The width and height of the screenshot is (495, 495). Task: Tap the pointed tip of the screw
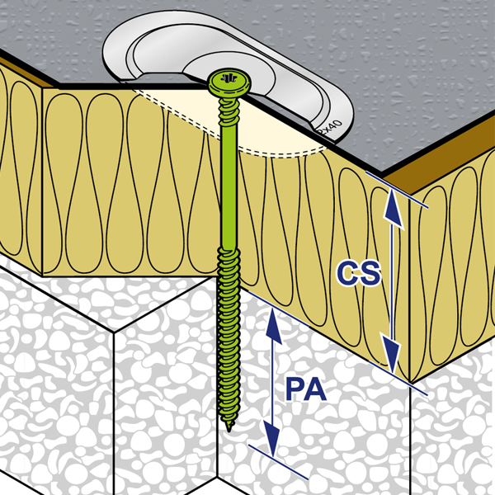(x=229, y=430)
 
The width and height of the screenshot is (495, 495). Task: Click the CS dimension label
(x=360, y=274)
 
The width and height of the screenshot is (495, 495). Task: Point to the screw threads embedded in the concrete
(x=228, y=355)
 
